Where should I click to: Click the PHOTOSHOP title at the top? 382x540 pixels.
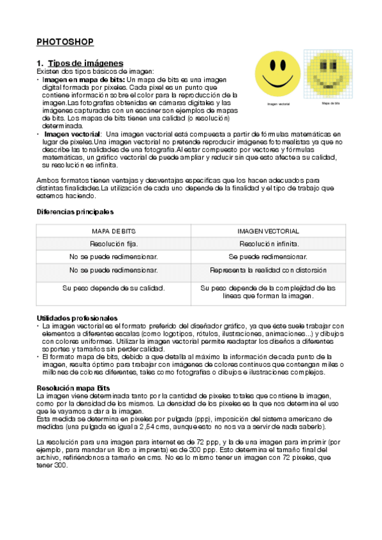click(x=65, y=42)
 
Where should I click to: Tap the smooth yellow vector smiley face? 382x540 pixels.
click(x=278, y=73)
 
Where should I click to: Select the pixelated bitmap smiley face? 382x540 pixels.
click(x=330, y=73)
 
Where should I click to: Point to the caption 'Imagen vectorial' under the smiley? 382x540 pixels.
click(x=278, y=103)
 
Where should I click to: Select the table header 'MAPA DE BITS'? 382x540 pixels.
click(x=114, y=231)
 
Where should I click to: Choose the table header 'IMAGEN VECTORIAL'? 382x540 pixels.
click(x=268, y=231)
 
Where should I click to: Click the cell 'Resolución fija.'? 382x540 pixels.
click(x=114, y=244)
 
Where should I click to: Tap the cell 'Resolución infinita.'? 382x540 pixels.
click(x=268, y=244)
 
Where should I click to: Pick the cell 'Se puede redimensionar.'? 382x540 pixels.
click(x=268, y=257)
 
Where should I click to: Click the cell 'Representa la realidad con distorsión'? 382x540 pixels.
click(x=268, y=270)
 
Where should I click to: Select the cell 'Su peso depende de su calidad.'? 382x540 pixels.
click(x=114, y=288)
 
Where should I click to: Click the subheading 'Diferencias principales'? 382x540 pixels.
click(x=75, y=211)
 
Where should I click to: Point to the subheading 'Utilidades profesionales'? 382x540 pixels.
click(x=77, y=317)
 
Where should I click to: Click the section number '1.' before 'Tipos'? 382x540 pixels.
click(x=40, y=63)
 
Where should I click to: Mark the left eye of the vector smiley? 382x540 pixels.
click(x=272, y=66)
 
